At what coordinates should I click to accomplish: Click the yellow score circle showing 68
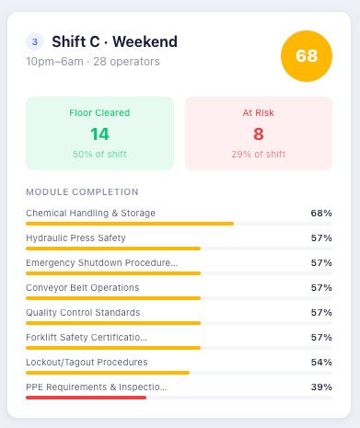(307, 55)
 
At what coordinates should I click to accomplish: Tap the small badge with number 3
(36, 41)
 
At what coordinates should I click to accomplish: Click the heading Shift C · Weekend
(115, 41)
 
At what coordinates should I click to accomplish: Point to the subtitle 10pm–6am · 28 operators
(93, 62)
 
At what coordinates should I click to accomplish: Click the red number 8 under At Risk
(259, 133)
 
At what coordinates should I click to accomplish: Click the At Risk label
(259, 112)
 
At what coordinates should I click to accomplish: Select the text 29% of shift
(259, 154)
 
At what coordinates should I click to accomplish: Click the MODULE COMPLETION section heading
(82, 191)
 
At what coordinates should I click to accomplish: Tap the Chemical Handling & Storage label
(90, 213)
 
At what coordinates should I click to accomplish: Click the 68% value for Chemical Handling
(321, 213)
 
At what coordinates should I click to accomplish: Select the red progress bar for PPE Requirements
(86, 398)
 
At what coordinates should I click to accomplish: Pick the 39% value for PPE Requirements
(321, 387)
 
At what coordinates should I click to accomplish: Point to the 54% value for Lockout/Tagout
(321, 362)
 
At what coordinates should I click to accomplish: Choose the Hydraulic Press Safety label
(75, 237)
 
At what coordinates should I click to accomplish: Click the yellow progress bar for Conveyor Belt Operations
(113, 298)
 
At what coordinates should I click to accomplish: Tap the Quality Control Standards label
(83, 312)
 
